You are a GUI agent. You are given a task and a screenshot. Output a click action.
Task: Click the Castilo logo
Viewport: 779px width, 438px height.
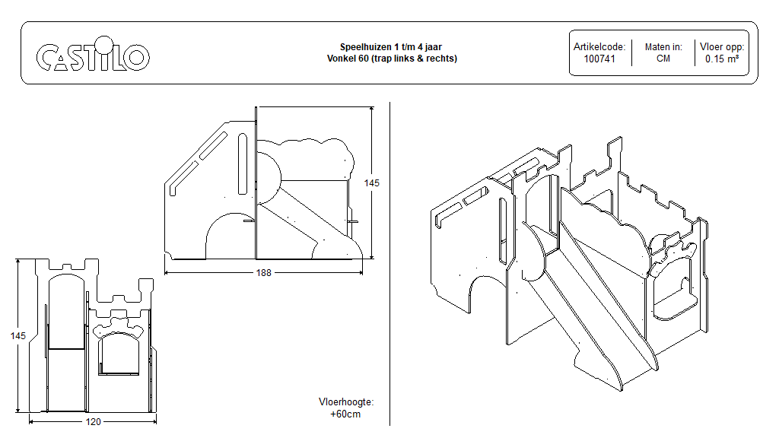tap(93, 54)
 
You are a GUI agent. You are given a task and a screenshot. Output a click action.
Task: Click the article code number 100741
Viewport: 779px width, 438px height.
tap(599, 59)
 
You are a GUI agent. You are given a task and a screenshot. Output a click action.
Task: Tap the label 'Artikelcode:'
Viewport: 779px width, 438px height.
tap(599, 46)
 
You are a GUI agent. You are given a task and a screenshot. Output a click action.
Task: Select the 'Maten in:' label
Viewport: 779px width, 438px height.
tap(663, 46)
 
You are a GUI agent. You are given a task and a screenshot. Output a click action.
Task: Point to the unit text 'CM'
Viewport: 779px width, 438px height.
tap(663, 59)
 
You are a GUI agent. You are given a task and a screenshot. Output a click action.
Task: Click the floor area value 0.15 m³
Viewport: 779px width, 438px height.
tap(721, 59)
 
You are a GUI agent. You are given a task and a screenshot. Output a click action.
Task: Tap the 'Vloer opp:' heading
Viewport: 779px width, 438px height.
tap(721, 46)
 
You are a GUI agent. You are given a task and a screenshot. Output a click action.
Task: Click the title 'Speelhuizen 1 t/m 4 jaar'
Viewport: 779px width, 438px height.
tap(391, 46)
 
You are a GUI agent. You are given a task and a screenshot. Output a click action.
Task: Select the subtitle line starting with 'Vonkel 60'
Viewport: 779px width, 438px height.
tap(392, 59)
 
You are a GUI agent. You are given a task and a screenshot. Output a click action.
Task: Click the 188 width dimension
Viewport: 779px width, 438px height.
tap(264, 273)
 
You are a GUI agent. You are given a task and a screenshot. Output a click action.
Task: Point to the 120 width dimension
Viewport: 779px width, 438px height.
tap(94, 421)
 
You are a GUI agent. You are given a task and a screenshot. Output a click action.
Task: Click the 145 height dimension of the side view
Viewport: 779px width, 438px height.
tap(371, 182)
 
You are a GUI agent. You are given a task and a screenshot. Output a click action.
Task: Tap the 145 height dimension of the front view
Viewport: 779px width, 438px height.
tap(18, 335)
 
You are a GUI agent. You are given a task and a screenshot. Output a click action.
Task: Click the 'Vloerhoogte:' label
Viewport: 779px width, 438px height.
tap(346, 401)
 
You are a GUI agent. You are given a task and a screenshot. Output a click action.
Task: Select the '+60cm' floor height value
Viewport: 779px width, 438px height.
tap(346, 414)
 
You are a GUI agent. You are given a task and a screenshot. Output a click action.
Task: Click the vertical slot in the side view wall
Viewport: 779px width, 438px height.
tap(243, 164)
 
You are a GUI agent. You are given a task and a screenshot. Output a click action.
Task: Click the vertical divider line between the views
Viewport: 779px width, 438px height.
tap(390, 264)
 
